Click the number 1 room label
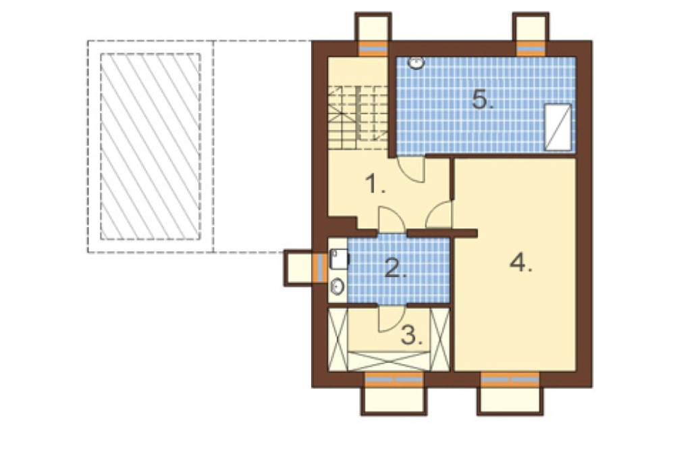point(375,184)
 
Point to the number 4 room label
point(521,262)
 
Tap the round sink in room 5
point(416,63)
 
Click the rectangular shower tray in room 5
point(558,127)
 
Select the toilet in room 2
point(340,259)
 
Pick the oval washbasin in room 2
point(337,287)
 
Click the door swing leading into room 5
point(410,170)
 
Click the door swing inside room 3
point(391,319)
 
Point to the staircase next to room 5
point(358,118)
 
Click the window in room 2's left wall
point(319,268)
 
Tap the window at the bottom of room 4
point(510,380)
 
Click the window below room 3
point(394,380)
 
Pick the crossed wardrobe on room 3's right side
point(440,339)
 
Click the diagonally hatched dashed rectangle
point(151,147)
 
